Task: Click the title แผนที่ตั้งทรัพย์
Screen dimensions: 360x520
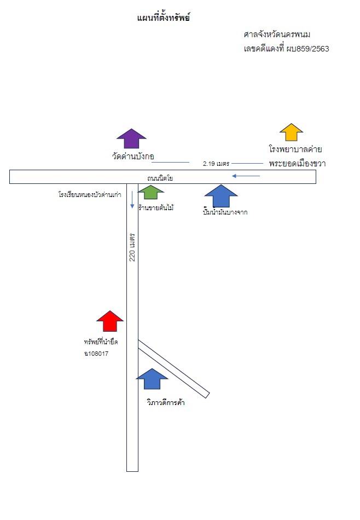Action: tap(163, 18)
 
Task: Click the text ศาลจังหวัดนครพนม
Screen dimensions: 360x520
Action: tap(277, 34)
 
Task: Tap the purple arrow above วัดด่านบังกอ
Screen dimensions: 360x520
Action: tap(132, 138)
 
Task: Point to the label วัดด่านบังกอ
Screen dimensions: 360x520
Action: tap(133, 156)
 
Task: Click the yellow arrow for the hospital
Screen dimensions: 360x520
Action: tap(292, 132)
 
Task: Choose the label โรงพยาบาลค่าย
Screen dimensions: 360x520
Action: tap(295, 149)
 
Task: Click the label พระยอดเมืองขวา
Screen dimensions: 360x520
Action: tap(297, 163)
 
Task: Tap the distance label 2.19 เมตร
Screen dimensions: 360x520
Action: tap(216, 164)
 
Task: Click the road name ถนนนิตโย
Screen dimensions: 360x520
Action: tap(160, 178)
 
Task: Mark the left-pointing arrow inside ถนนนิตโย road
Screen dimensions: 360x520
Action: tap(246, 176)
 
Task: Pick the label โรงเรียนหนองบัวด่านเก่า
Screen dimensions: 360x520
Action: tap(90, 195)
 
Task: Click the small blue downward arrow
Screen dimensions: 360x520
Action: tap(132, 200)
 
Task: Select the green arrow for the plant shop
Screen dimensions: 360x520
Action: tap(151, 192)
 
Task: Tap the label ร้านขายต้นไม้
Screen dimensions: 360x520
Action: tap(156, 208)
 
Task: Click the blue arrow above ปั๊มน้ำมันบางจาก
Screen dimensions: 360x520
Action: tap(221, 195)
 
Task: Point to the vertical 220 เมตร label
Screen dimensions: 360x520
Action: tap(132, 247)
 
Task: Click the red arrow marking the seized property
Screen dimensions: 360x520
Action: tap(110, 321)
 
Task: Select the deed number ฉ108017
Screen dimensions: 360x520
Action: tap(96, 354)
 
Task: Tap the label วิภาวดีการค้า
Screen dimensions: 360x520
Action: tap(165, 403)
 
